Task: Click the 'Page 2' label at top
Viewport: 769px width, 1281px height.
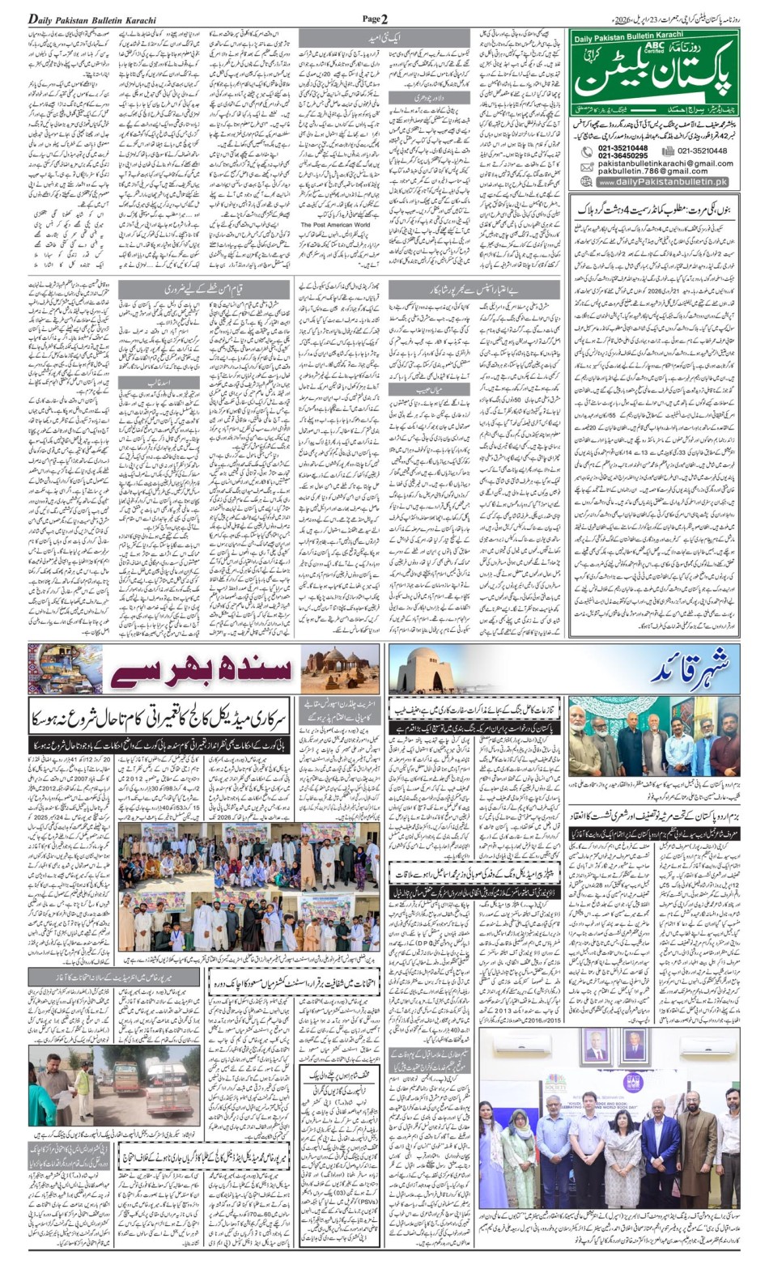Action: tap(375, 19)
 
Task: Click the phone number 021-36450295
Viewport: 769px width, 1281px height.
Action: tap(622, 155)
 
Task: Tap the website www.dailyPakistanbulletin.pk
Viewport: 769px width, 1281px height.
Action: tap(662, 182)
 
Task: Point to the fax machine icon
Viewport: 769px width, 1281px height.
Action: tap(667, 151)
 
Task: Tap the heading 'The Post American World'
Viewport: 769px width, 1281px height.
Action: tap(335, 225)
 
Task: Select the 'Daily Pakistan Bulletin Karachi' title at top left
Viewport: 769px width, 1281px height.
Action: tap(92, 19)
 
